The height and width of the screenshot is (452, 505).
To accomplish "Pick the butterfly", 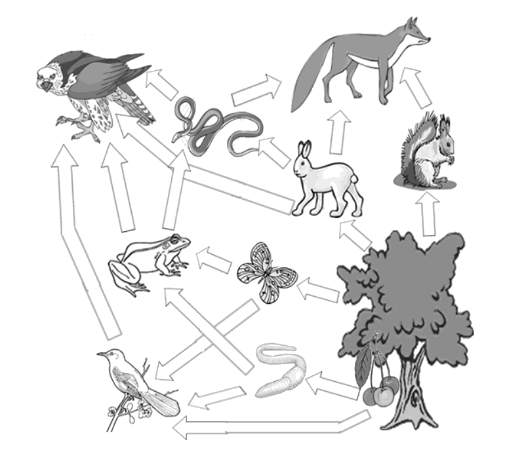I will click(x=262, y=272).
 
